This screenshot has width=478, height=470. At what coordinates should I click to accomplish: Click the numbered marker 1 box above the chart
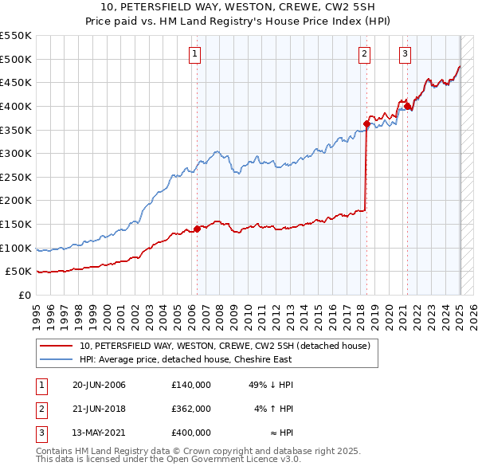point(195,54)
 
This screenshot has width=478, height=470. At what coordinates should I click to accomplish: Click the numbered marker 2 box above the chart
point(364,54)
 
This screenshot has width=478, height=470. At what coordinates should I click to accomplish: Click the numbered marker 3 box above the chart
point(405,54)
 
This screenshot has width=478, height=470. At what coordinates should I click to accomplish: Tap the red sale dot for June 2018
point(366,123)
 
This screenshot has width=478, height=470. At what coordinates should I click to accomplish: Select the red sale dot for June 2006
point(197,229)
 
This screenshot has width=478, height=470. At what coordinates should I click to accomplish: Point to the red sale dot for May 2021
point(407,106)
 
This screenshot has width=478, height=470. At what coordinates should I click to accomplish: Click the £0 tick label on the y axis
point(25,295)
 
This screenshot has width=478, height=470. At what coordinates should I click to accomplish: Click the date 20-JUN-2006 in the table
point(99,385)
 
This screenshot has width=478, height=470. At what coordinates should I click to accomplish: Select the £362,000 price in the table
point(190,409)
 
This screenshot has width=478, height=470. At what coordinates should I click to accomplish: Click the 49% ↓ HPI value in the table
point(270,385)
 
